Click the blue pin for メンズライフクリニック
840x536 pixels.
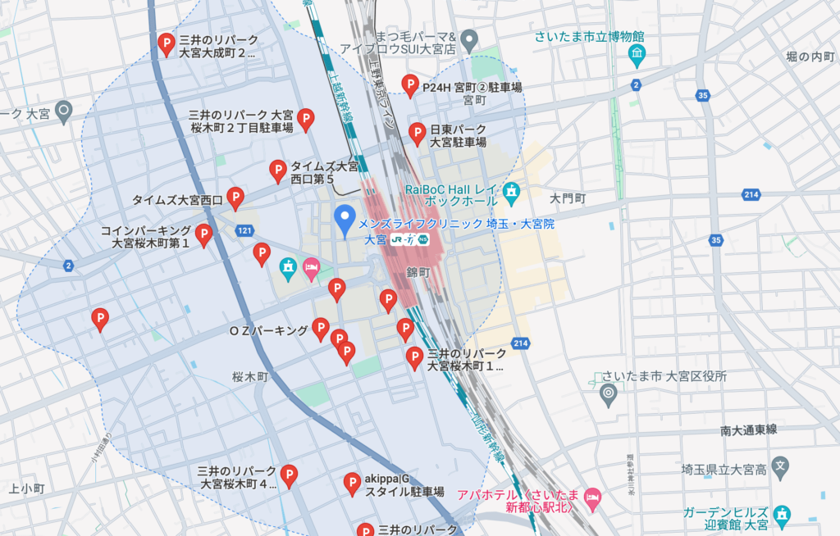pos(345,217)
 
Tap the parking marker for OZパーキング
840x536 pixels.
pos(321,329)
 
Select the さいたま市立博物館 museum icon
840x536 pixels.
pos(637,56)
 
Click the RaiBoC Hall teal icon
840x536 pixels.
pos(512,193)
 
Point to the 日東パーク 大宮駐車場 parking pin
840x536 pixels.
pos(418,133)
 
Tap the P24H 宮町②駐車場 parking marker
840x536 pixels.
pos(410,84)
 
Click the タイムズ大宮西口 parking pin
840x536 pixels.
pos(235,198)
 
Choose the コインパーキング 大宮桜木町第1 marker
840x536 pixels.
pos(203,235)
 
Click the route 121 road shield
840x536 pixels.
pos(244,232)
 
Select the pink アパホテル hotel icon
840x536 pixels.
pos(592,497)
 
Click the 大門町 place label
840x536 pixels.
pos(568,199)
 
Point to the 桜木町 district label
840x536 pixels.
pos(250,378)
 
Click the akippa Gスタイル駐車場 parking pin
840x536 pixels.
pos(352,484)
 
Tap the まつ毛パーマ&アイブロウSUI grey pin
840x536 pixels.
pos(469,39)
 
